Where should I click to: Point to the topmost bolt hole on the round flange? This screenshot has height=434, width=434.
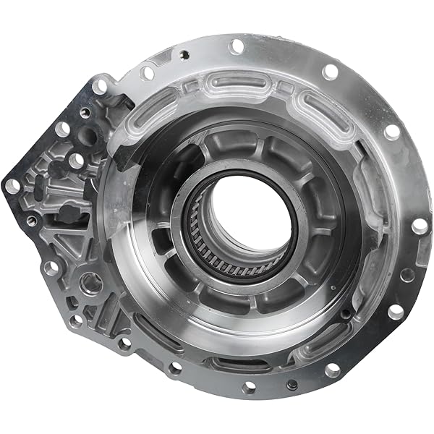point(236,46)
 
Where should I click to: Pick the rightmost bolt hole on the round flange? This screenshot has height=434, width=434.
point(419,226)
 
